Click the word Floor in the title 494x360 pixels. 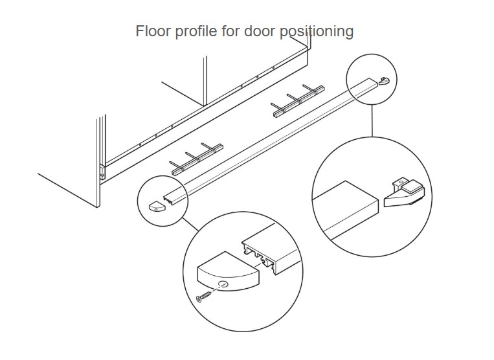(151, 31)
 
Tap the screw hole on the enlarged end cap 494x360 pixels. (223, 285)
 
